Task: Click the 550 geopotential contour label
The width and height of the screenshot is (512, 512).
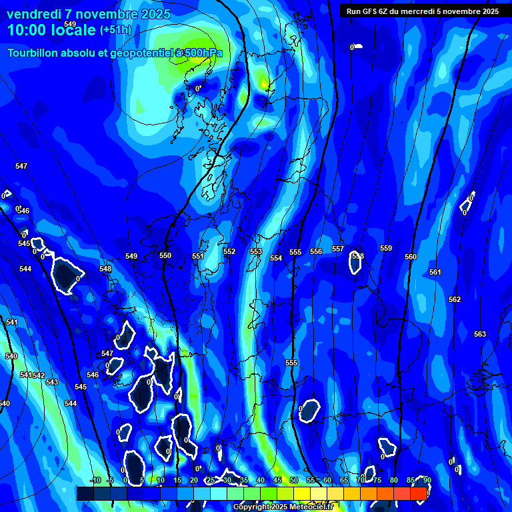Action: tap(165, 255)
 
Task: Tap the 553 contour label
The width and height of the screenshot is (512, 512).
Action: tap(256, 251)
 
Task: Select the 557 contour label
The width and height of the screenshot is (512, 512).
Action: tap(338, 249)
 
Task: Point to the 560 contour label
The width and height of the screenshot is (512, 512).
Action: tap(411, 257)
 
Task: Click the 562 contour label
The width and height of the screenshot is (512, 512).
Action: tap(455, 299)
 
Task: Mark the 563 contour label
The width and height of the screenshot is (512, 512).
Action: tap(480, 334)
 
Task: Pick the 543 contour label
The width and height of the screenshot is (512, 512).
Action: tap(52, 382)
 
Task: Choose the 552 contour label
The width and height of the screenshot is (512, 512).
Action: tap(229, 251)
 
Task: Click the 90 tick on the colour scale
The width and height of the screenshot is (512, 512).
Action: tap(427, 480)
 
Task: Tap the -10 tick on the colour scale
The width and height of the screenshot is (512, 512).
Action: tap(95, 480)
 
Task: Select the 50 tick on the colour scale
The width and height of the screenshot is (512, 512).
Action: tap(294, 480)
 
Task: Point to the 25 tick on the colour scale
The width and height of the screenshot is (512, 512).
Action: tap(211, 480)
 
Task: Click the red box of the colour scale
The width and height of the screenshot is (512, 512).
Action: tap(419, 493)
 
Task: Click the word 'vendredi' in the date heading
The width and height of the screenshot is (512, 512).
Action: tap(33, 14)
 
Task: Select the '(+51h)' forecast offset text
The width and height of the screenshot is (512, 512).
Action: tap(115, 30)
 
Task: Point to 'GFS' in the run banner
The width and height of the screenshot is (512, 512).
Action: tap(373, 11)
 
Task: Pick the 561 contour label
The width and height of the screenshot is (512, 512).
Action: tap(435, 272)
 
